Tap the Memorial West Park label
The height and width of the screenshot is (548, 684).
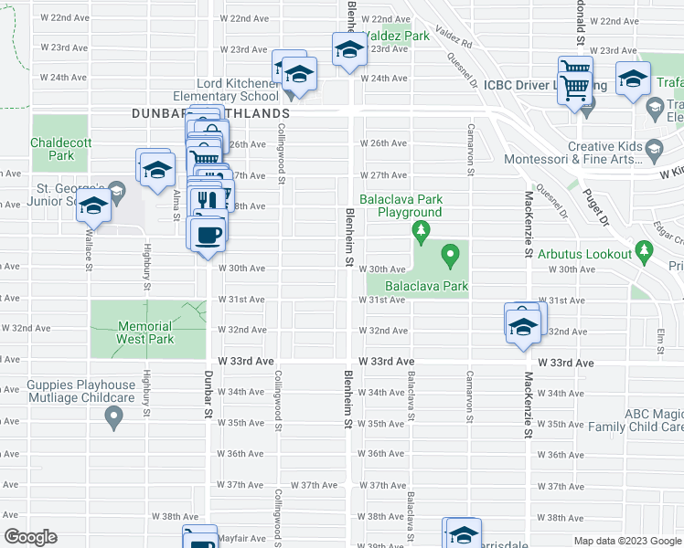[144, 332]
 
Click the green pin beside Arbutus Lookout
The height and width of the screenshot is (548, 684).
[644, 249]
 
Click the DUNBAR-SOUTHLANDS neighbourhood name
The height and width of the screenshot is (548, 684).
[210, 112]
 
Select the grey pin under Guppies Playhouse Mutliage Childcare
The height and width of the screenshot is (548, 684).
[113, 418]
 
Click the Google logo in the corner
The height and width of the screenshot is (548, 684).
[31, 537]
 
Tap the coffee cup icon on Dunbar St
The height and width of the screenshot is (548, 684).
[208, 234]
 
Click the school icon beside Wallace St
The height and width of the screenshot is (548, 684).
[93, 208]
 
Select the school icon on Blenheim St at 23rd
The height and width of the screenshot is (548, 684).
[347, 51]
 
